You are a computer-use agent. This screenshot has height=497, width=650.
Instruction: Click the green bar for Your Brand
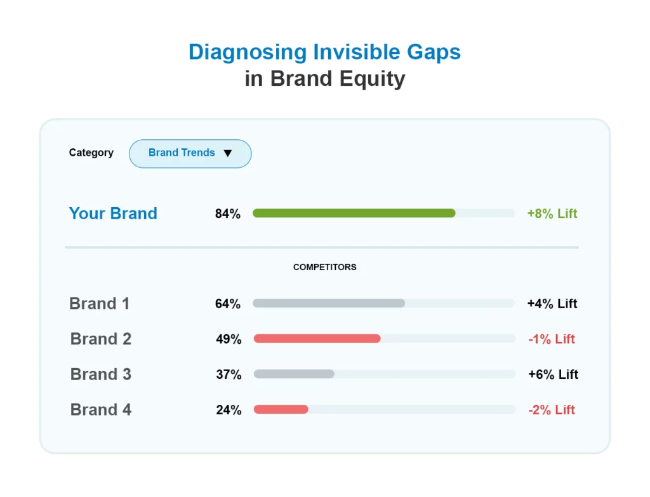click(x=354, y=214)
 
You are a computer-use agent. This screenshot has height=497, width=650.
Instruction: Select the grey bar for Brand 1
click(x=328, y=303)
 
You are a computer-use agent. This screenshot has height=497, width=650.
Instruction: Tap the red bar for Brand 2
click(x=317, y=339)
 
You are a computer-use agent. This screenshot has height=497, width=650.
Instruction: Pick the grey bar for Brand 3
click(x=294, y=374)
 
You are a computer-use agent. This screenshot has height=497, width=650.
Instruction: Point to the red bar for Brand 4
click(x=281, y=410)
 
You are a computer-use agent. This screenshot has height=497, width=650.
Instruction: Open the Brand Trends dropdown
click(x=190, y=153)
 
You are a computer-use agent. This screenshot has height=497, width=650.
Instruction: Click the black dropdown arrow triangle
click(x=228, y=153)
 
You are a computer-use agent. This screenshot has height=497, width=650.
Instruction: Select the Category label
click(x=91, y=153)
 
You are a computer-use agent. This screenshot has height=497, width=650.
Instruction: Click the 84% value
click(x=227, y=214)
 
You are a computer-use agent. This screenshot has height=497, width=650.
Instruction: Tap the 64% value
click(x=227, y=304)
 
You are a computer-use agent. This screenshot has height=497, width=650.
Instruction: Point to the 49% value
click(x=229, y=339)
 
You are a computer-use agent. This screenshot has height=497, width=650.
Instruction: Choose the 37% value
click(x=229, y=375)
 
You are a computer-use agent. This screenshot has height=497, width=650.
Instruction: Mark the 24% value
click(x=229, y=411)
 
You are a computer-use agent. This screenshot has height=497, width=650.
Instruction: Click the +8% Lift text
click(x=552, y=214)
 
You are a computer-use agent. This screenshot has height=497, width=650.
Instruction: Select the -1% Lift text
click(x=552, y=339)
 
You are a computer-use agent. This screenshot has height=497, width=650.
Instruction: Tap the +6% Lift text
click(x=553, y=375)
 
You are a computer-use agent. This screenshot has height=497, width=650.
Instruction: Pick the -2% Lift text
click(x=552, y=411)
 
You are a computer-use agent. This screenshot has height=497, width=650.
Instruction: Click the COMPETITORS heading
click(x=324, y=268)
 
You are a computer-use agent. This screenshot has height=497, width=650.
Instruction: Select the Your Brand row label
click(x=113, y=214)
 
